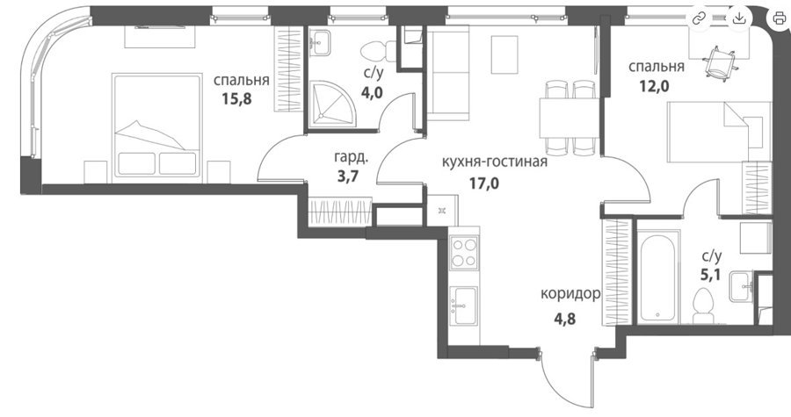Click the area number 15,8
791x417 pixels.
tap(236, 98)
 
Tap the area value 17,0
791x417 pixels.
tap(483, 183)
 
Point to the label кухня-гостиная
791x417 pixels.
tap(494, 162)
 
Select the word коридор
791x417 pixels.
tap(570, 293)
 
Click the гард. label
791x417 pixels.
tap(351, 158)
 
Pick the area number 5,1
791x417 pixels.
tap(711, 276)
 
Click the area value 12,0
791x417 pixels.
tap(654, 87)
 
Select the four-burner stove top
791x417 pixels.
tap(463, 252)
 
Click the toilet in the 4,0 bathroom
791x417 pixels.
tap(379, 52)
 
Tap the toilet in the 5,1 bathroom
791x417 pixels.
tap(701, 306)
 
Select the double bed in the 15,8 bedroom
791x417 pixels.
tap(157, 126)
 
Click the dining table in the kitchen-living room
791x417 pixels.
tap(570, 118)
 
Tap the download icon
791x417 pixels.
tap(739, 18)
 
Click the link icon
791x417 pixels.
tap(699, 18)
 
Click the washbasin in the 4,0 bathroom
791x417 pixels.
tap(319, 43)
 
